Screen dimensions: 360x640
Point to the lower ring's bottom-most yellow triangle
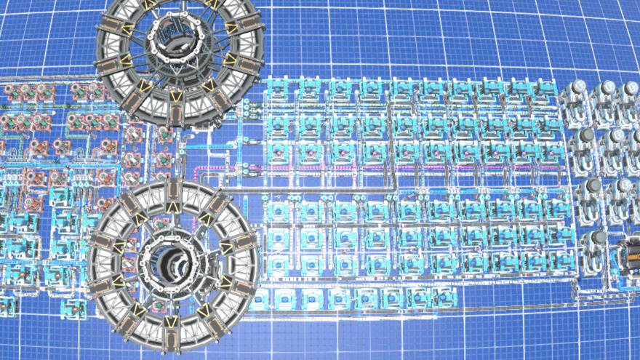[x=172, y=321]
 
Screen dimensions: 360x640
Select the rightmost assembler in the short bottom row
[x=440, y=297]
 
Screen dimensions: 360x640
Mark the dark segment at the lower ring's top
[x=172, y=191]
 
